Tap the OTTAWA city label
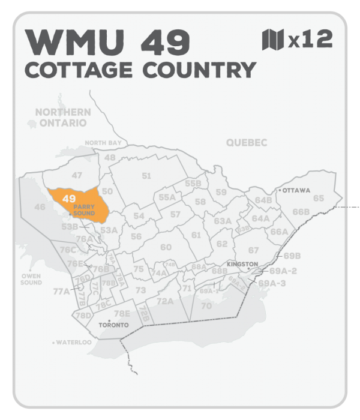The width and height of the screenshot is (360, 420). [x=296, y=190]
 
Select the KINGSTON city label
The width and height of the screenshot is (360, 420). [x=242, y=264]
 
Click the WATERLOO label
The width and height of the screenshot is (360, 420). [x=74, y=343]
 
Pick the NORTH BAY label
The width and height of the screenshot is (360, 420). [x=103, y=143]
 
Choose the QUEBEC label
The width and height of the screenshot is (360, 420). [x=246, y=142]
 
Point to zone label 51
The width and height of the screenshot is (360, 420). [x=146, y=176]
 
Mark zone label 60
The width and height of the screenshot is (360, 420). [x=166, y=247]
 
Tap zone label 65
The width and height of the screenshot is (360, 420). [x=319, y=198]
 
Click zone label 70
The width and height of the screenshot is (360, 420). [x=206, y=305]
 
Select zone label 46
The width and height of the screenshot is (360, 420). [x=40, y=207]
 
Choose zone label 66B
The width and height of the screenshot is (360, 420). [x=301, y=212]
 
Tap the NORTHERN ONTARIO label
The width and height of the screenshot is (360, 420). [x=63, y=117]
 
